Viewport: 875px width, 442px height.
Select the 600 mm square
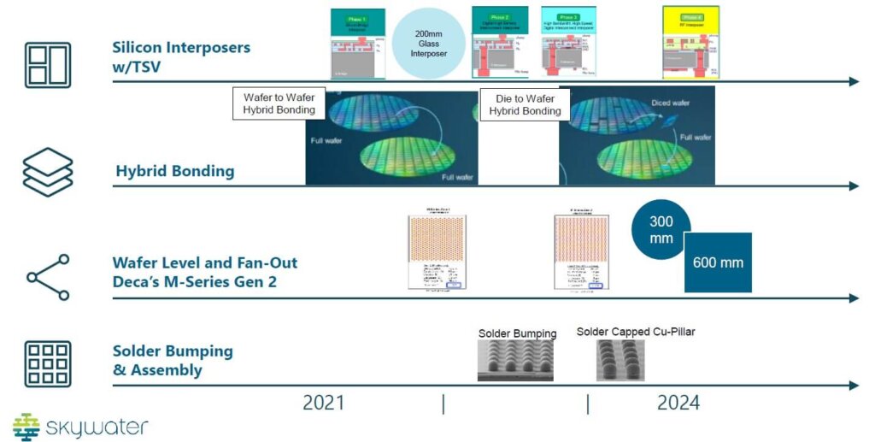(717, 262)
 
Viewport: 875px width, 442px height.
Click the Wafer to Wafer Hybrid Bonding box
(279, 103)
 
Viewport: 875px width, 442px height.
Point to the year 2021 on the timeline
(323, 403)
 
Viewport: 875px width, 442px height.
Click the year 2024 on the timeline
(678, 403)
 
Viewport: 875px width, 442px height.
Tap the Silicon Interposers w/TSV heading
(181, 56)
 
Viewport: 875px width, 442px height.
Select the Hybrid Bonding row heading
(174, 171)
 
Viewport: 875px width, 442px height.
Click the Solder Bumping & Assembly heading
(173, 361)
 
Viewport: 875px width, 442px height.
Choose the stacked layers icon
(47, 172)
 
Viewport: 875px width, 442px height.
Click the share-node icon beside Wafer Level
(48, 276)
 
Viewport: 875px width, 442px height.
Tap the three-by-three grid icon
(48, 363)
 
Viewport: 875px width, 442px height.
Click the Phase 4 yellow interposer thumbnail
(690, 43)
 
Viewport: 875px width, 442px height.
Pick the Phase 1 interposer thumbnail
(357, 44)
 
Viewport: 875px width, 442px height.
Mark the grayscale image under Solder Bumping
(514, 362)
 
